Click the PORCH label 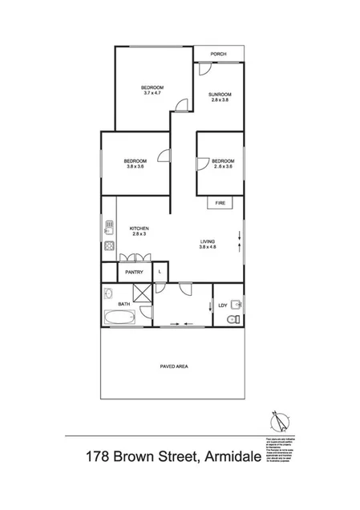(218, 55)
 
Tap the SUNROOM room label (220, 95)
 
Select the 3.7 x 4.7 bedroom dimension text (152, 94)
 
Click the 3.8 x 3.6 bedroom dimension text (134, 167)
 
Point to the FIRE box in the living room (220, 204)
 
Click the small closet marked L (160, 273)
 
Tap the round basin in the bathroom (110, 293)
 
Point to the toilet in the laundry (232, 319)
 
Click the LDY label (223, 305)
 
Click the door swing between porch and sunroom (200, 71)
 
